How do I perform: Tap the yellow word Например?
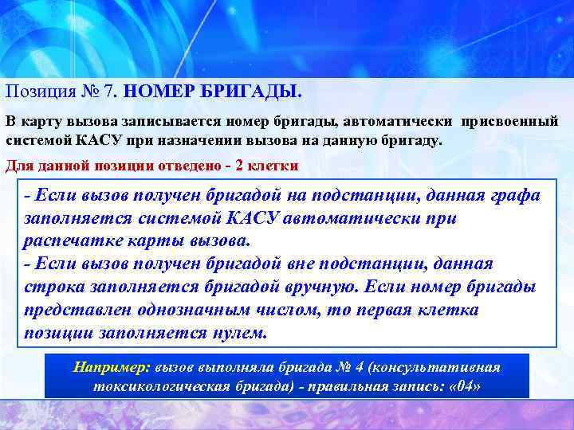click(112, 366)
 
